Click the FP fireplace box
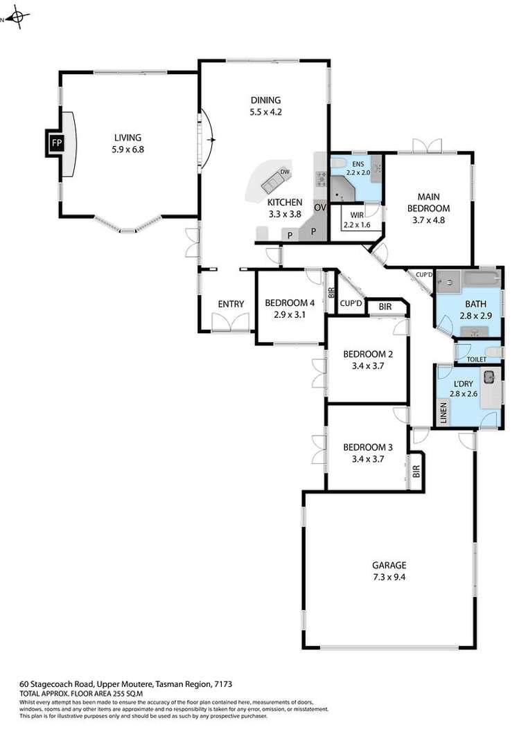(x=56, y=144)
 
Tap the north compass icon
(x=19, y=18)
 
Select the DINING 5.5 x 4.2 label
(x=266, y=106)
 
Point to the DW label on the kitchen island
(x=284, y=171)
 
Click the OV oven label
(x=320, y=208)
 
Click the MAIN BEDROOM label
(x=429, y=202)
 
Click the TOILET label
(x=476, y=359)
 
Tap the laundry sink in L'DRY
(x=489, y=377)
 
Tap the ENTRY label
(x=231, y=304)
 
